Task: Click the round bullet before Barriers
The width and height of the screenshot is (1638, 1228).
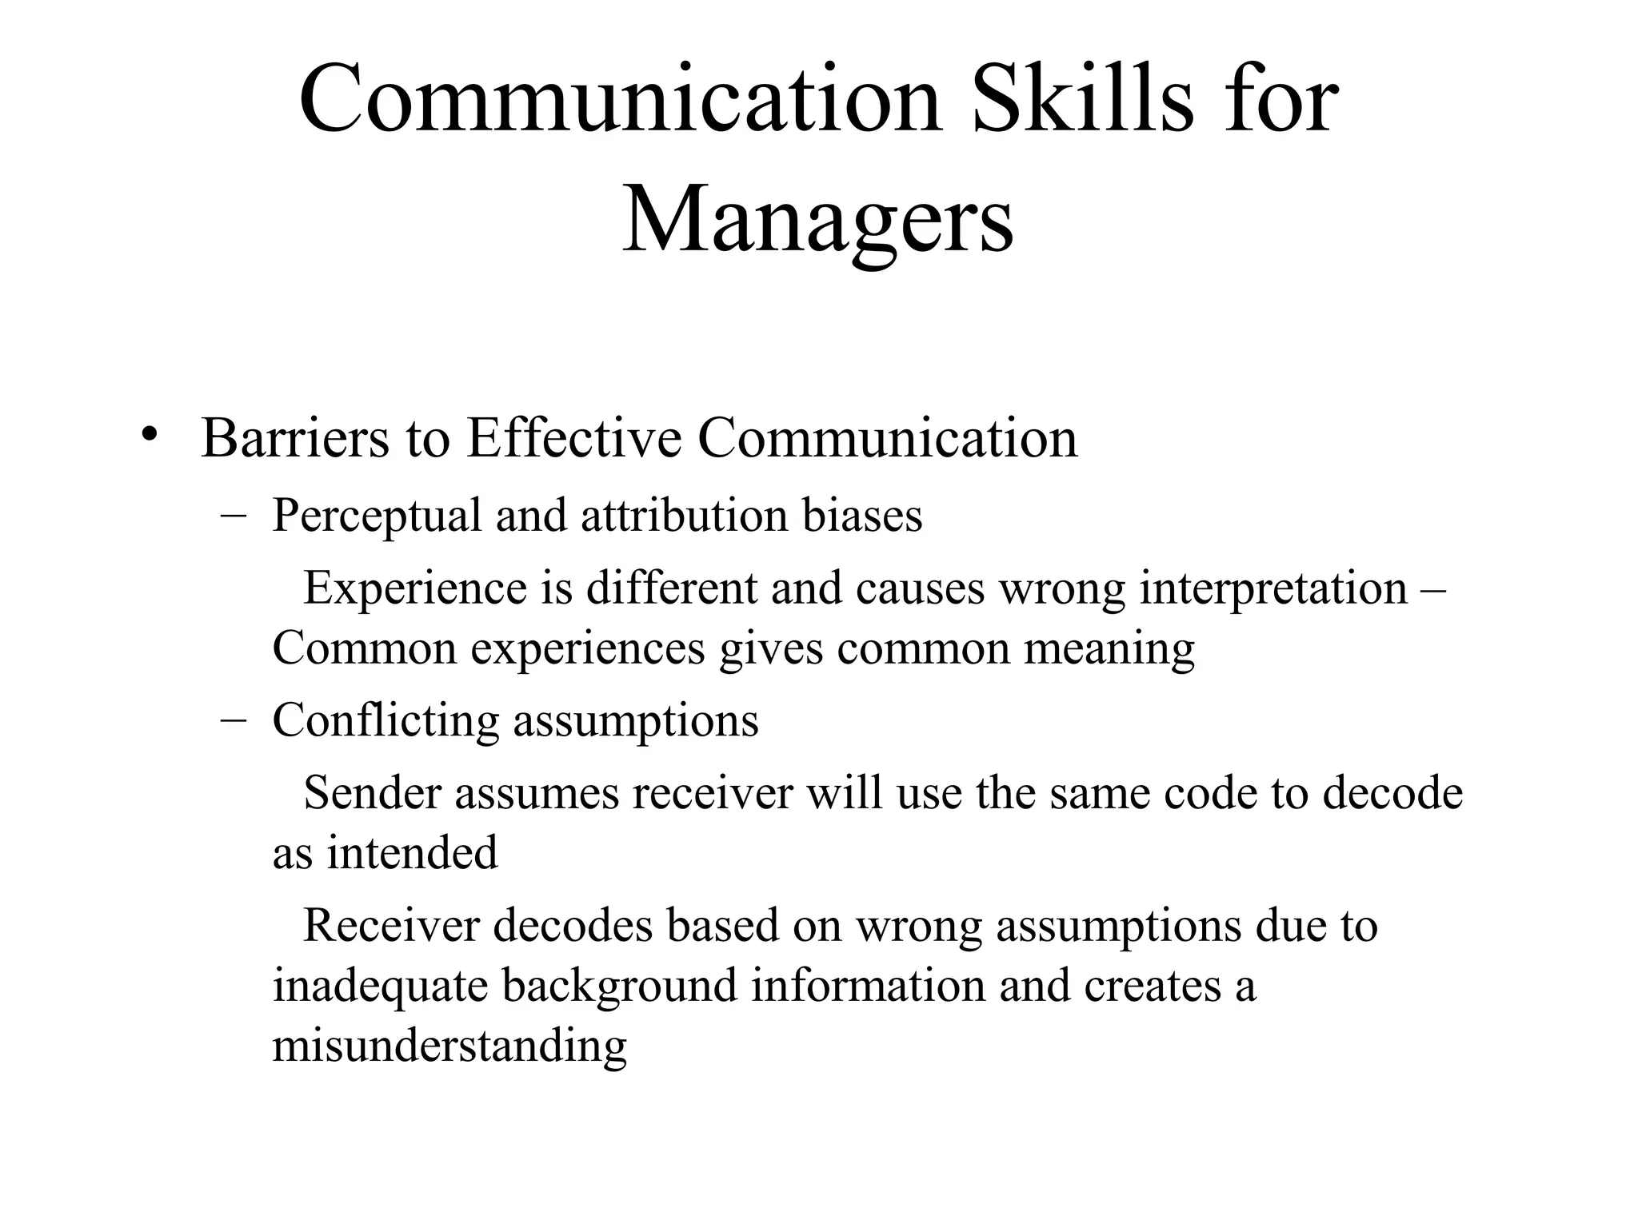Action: point(149,436)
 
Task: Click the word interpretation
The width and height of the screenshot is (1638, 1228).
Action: point(1273,588)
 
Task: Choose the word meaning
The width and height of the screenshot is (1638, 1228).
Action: point(1109,648)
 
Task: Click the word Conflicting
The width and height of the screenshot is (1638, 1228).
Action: point(386,720)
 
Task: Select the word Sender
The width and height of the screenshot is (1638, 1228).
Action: point(372,793)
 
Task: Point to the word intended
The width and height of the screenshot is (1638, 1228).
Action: point(412,852)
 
